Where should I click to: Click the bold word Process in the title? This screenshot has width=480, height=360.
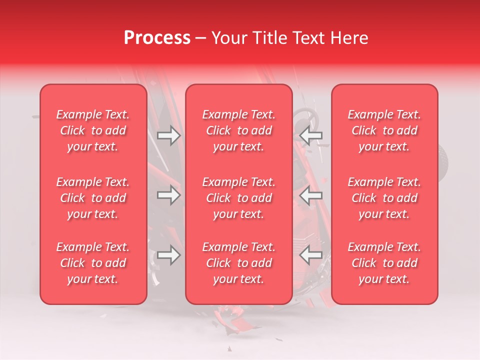point(157,38)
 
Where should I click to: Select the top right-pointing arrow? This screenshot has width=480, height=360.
point(168,135)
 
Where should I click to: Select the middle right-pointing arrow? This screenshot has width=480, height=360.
point(168,195)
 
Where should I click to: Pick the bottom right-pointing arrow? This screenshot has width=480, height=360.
point(168,255)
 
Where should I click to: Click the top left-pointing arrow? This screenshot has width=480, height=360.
point(311,135)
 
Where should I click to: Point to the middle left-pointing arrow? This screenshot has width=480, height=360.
point(311,196)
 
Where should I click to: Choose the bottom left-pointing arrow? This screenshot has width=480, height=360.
point(311,255)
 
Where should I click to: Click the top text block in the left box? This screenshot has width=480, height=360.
point(93,130)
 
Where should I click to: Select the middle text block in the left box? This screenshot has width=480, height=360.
point(93,198)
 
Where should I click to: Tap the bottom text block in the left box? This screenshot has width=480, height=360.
point(93,263)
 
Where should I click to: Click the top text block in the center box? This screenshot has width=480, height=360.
point(238,130)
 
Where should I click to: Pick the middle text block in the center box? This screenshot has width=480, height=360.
point(238,198)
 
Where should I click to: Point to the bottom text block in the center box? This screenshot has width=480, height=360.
point(238,263)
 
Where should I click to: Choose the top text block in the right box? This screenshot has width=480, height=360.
point(384,130)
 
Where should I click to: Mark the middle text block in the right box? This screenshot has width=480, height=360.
point(384,198)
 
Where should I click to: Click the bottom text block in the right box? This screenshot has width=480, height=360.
point(384,263)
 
